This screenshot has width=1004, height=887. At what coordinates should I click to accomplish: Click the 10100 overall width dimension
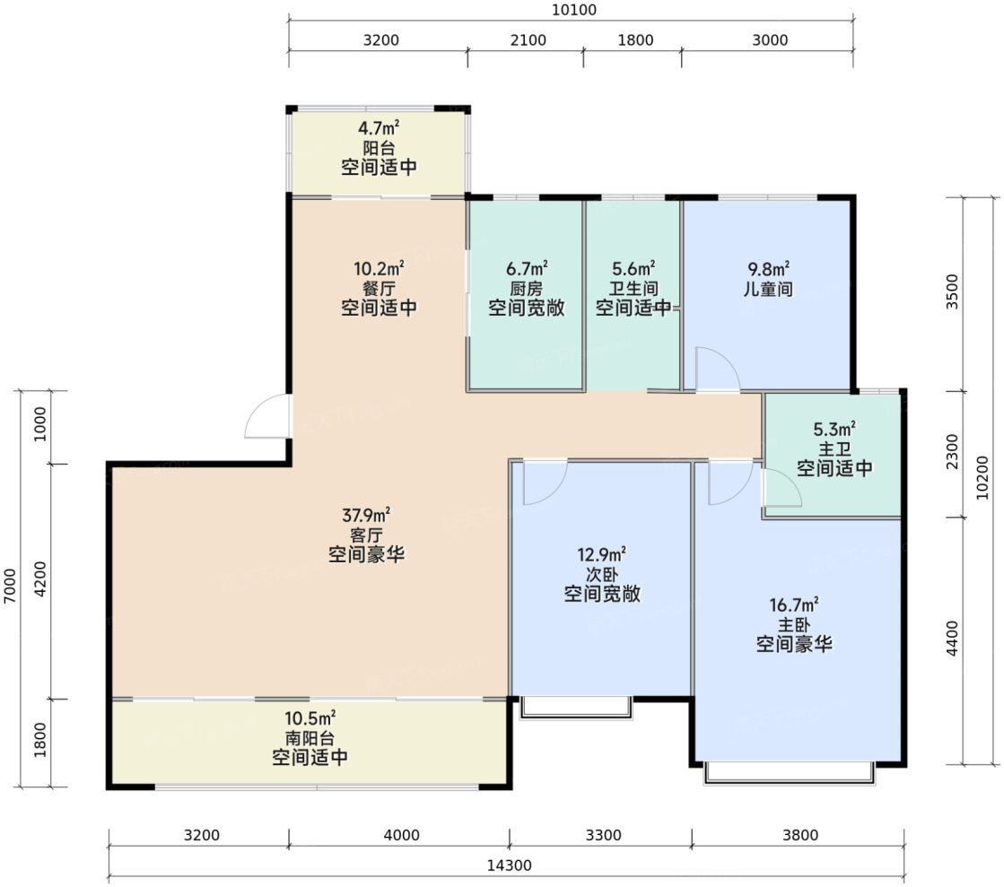[573, 10]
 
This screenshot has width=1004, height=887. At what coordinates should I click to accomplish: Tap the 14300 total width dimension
[509, 865]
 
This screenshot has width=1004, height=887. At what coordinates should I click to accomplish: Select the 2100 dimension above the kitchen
[528, 40]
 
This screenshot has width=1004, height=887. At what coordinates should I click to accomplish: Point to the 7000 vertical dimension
[10, 586]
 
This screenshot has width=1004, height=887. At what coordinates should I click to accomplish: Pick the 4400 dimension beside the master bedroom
[953, 638]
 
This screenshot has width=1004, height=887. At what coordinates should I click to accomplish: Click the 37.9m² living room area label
[366, 515]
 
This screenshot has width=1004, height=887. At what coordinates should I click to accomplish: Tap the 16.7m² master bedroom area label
[794, 604]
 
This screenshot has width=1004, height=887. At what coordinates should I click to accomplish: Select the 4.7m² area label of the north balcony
[379, 128]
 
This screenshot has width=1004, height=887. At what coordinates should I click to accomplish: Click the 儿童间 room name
[768, 289]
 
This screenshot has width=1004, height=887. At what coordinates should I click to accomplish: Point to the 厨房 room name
[527, 289]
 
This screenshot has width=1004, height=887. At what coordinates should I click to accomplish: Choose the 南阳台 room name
[310, 738]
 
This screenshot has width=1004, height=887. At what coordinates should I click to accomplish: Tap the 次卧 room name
[602, 574]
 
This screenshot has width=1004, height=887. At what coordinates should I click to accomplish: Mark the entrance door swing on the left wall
[267, 417]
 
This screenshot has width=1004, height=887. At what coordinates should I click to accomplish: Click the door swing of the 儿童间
[718, 370]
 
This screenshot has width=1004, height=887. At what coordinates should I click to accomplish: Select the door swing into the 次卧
[545, 482]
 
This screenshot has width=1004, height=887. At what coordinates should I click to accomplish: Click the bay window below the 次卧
[576, 707]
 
